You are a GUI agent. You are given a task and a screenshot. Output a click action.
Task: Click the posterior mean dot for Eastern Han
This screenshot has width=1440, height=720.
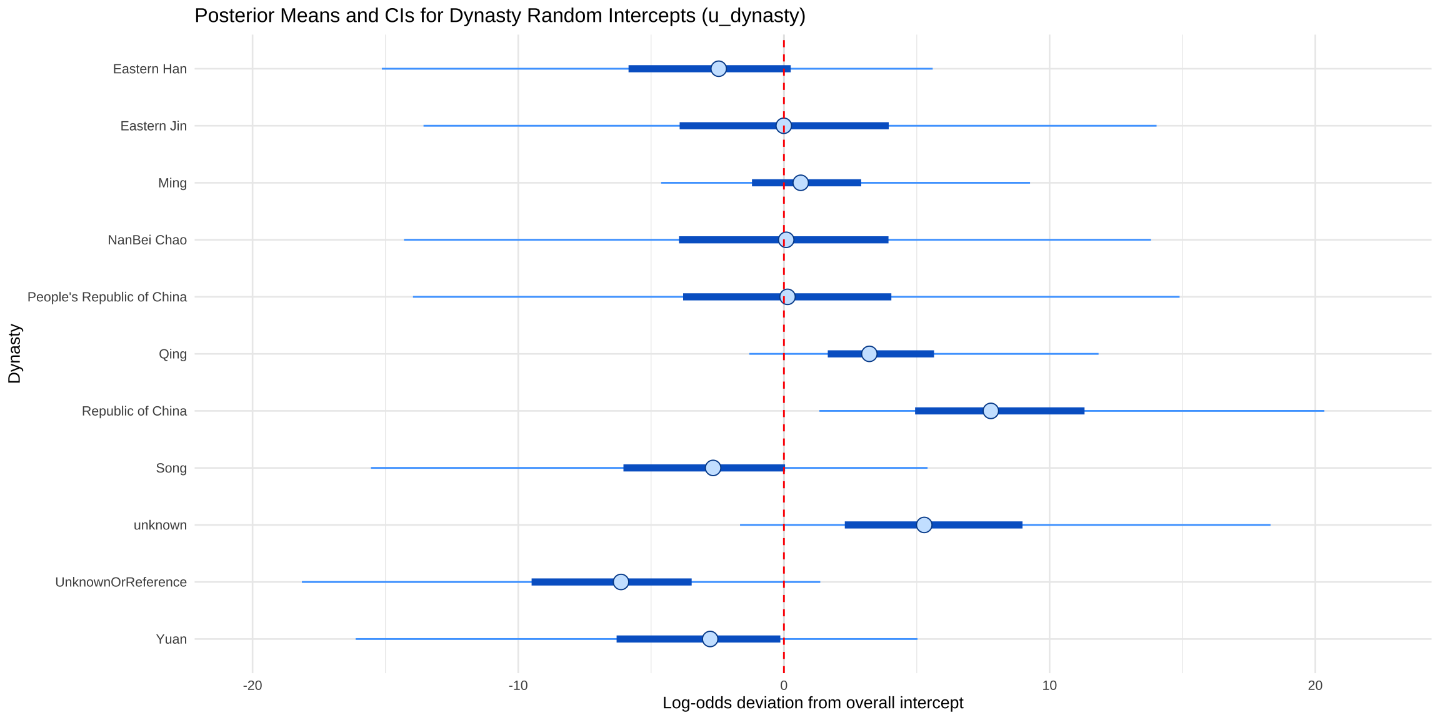coord(719,69)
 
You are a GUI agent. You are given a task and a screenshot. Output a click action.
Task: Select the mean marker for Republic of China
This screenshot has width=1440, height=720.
coord(991,411)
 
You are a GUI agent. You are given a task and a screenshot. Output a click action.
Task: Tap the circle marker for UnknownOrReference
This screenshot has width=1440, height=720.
coord(621,582)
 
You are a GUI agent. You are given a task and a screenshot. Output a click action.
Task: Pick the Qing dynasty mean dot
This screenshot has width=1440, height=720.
coord(869,354)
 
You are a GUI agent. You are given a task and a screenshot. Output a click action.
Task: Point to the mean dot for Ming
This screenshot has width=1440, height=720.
coord(801,182)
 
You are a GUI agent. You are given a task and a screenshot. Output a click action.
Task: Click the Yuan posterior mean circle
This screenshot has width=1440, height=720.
coord(710,639)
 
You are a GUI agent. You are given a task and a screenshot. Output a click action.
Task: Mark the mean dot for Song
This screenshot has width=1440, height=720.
coord(713,467)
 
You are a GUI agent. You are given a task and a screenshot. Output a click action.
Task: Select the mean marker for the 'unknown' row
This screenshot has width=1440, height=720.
coord(924,525)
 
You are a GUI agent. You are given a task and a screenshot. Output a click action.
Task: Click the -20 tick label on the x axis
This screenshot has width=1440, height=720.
coord(252,686)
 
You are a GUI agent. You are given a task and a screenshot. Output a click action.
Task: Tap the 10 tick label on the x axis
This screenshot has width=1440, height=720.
coord(1049,686)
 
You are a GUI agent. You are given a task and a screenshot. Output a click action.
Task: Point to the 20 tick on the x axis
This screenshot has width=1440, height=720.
coord(1315,686)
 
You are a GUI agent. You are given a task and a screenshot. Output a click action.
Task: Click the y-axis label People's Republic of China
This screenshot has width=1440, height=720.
coord(107,297)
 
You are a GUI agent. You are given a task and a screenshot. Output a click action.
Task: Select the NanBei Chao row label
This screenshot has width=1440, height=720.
coord(147,240)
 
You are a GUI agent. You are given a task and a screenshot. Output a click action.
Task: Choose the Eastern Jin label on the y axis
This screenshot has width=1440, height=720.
coord(153,126)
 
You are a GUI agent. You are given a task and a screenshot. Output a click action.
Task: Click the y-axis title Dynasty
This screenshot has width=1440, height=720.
coord(14,354)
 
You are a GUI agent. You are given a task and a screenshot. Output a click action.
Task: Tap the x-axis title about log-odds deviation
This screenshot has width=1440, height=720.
coord(812,703)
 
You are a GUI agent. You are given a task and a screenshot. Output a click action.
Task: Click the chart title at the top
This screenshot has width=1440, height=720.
coord(500,16)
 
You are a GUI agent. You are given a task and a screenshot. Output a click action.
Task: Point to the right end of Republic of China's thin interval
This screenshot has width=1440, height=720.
coord(1324,411)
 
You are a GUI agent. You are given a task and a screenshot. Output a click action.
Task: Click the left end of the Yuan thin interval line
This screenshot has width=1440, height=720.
coord(356,639)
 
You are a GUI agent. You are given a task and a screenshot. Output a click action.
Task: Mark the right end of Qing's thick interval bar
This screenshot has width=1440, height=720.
coord(933,354)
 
